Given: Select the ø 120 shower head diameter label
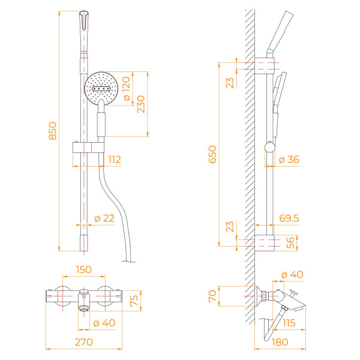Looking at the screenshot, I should point(126,89).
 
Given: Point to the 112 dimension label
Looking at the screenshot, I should point(113,160).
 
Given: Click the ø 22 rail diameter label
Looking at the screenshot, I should point(104,218).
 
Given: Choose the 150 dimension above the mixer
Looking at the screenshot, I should point(83,270).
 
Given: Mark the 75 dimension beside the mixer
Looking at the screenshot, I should point(134,298).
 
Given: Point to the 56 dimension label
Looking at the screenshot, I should point(291,242).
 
